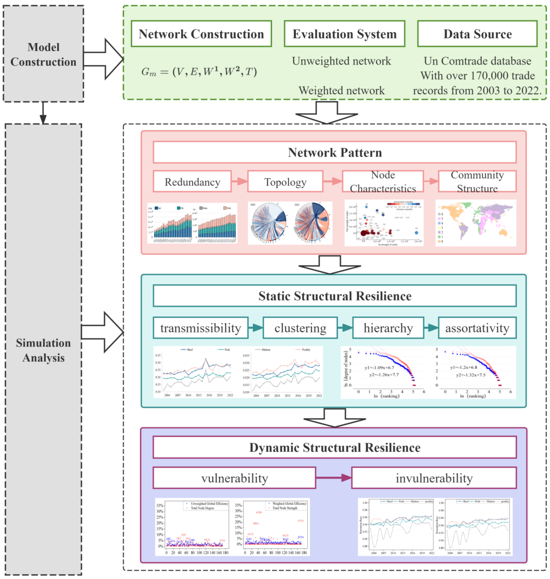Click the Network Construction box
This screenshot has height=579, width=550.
[201, 34]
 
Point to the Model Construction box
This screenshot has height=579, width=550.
[43, 54]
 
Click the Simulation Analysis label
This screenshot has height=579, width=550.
[43, 350]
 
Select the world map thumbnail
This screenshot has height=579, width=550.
[476, 223]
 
